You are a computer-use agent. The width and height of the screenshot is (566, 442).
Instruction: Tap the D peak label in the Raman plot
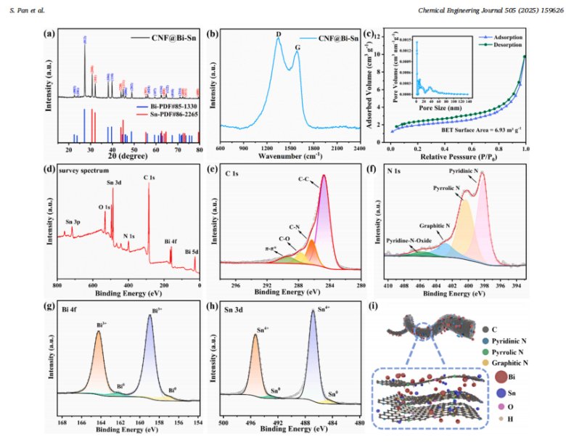278,34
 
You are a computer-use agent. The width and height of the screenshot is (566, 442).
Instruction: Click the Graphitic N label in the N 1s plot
435,226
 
